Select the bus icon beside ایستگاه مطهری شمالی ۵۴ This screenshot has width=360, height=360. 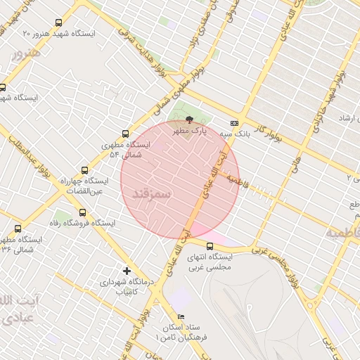[x=126, y=134]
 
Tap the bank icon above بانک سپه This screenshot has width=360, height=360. [x=234, y=122]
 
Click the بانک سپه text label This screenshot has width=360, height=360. [x=235, y=132]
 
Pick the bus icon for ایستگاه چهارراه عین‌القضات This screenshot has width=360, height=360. [x=85, y=170]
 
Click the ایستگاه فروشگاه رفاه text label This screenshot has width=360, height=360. [x=108, y=222]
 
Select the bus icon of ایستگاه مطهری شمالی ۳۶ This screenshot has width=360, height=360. [x=18, y=228]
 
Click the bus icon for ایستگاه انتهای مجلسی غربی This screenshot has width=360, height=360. [x=210, y=246]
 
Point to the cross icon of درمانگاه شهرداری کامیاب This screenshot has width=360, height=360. [x=127, y=270]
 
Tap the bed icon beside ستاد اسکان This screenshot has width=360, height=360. [x=181, y=317]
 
